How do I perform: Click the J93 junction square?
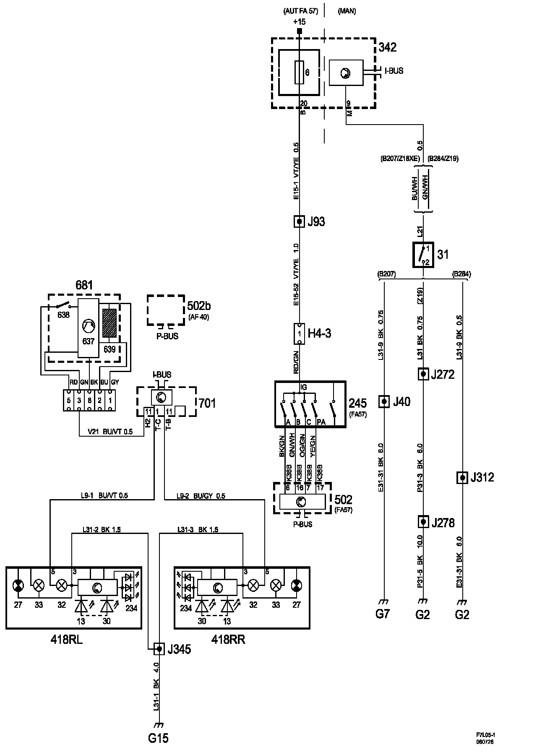click(299, 221)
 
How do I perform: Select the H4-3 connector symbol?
click(299, 333)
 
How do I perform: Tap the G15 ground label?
click(159, 738)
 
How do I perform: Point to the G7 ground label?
click(383, 614)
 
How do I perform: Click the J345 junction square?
click(159, 649)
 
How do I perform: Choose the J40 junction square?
click(384, 402)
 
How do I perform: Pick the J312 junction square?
click(462, 477)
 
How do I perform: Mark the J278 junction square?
click(423, 522)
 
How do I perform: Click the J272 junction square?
click(423, 374)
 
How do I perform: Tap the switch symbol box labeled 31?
click(423, 255)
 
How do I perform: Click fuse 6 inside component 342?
click(299, 73)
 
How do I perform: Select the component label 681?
click(84, 286)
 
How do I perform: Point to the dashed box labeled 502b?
click(166, 310)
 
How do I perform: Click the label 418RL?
click(67, 640)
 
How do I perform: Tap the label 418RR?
click(229, 640)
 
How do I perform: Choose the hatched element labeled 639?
click(110, 323)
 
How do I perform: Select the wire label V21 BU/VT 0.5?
click(110, 432)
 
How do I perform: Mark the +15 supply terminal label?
click(300, 22)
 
